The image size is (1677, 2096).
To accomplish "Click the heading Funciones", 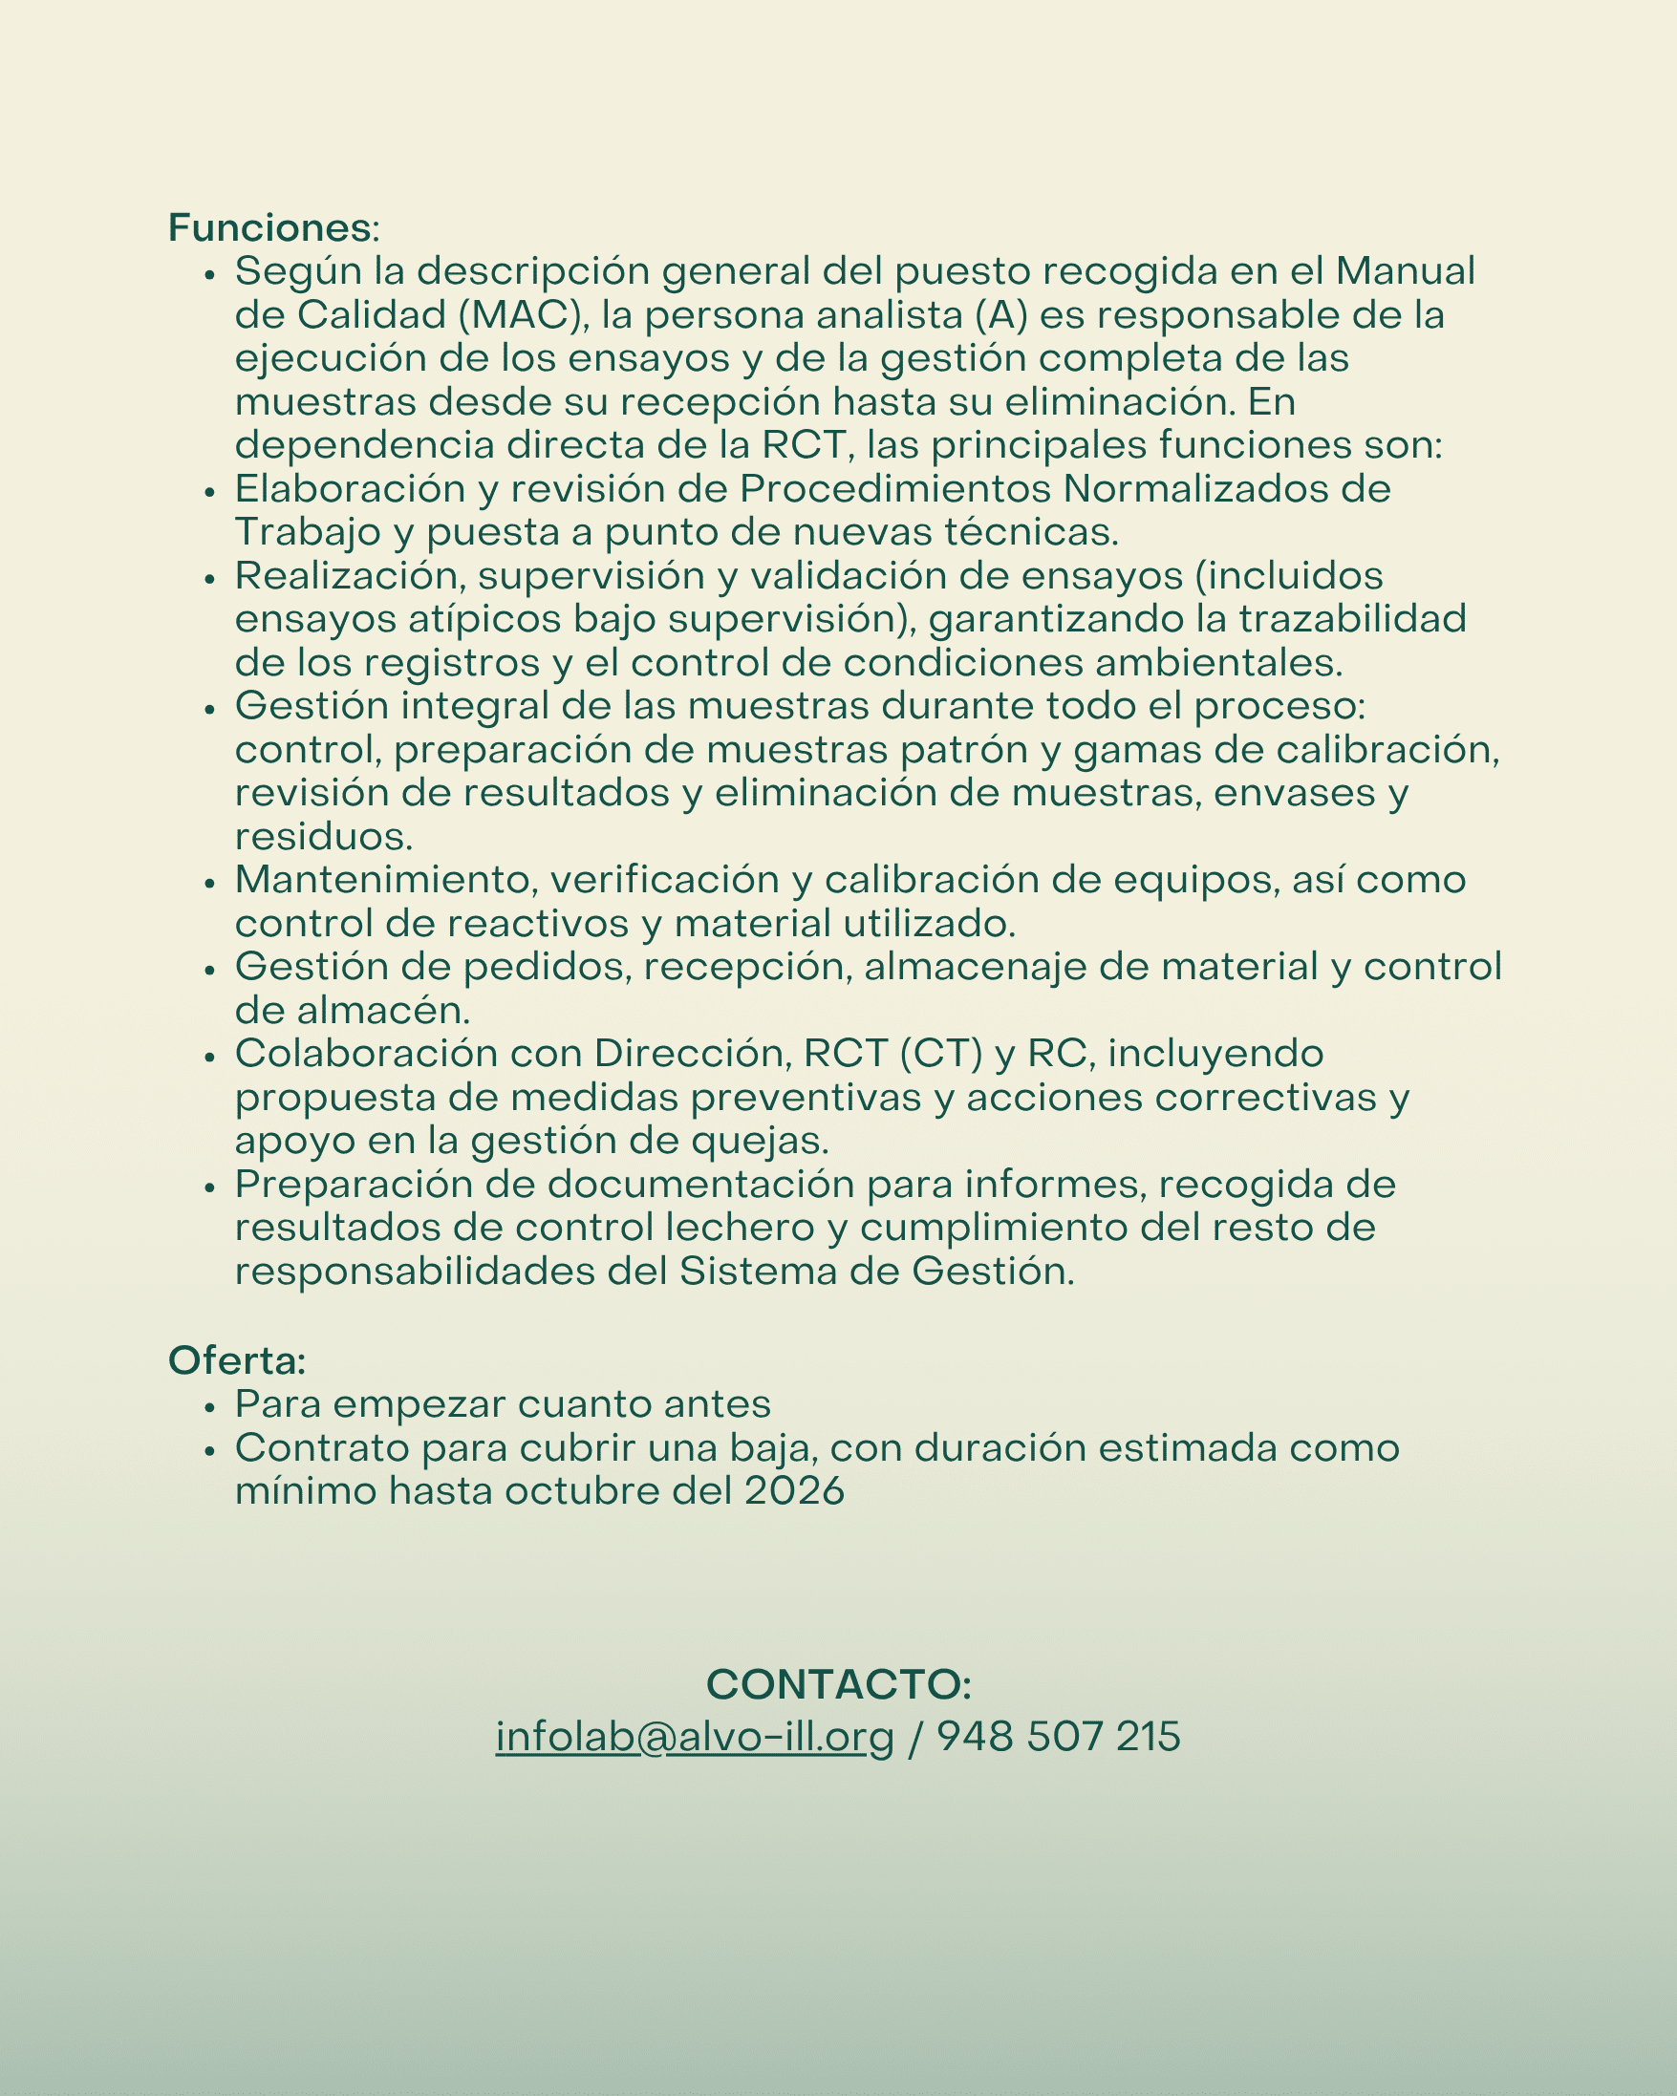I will point(271,227).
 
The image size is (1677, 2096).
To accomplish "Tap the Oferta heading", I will point(237,1360).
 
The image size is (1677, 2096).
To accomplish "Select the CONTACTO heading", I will point(838,1684).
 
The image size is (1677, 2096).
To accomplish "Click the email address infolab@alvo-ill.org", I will point(694,1736).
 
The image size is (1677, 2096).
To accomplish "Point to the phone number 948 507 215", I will point(1058,1736).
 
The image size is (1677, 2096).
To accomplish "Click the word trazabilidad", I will point(1351,619).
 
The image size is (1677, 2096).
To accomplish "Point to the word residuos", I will point(324,836).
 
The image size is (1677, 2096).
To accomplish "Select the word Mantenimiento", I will point(386,880).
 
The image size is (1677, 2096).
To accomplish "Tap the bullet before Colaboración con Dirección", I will point(209,1056).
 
